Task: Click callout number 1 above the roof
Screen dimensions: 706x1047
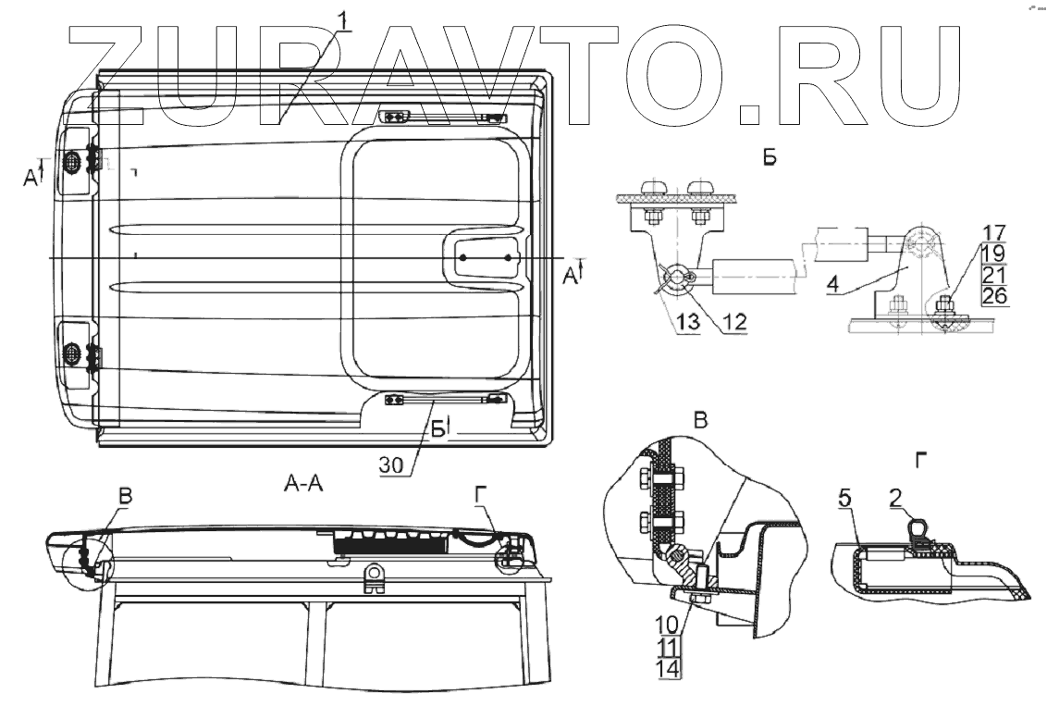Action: (x=343, y=18)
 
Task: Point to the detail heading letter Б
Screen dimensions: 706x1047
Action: (x=770, y=158)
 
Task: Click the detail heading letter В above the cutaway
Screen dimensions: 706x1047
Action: (x=700, y=421)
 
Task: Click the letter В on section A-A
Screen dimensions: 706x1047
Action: (x=125, y=495)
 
